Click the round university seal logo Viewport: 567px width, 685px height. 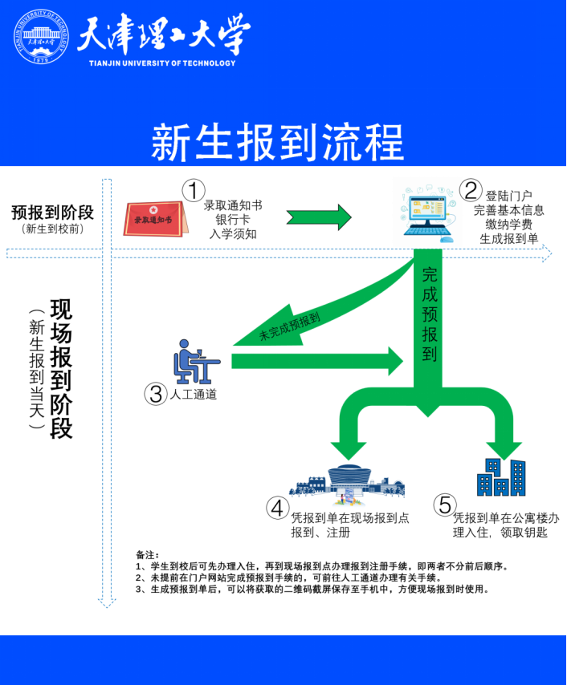pyautogui.click(x=39, y=37)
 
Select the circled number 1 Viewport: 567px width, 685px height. pyautogui.click(x=193, y=190)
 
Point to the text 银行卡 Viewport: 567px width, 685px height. pyautogui.click(x=232, y=219)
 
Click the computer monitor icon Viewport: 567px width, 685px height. pyautogui.click(x=425, y=212)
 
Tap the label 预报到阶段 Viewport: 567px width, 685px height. pyautogui.click(x=53, y=213)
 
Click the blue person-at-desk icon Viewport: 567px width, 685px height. pyautogui.click(x=194, y=363)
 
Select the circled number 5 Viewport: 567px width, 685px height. pyautogui.click(x=444, y=505)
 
